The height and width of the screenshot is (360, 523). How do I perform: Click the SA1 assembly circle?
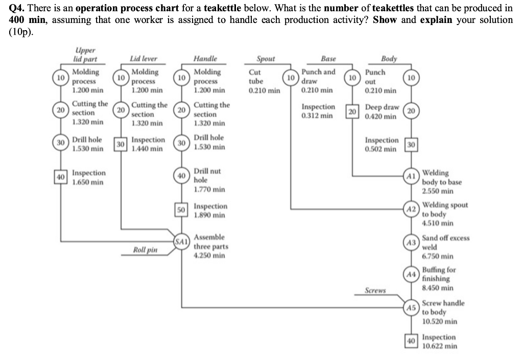(181, 242)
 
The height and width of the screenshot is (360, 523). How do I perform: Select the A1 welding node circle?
(411, 176)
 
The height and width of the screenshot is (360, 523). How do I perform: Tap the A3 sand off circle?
(411, 243)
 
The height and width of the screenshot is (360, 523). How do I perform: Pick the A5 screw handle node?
(411, 307)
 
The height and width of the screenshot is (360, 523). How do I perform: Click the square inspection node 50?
(181, 210)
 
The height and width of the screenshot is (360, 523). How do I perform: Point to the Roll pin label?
(145, 250)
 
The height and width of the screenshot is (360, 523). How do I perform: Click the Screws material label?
(375, 291)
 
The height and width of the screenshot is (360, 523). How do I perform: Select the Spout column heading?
(266, 59)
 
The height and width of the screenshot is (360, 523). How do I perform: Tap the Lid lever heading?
(144, 59)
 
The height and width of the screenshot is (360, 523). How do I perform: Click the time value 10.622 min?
(440, 346)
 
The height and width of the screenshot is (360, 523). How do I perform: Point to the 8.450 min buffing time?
(438, 287)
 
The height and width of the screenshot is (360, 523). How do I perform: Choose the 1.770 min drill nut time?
(209, 189)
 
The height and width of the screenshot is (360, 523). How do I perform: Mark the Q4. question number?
(17, 8)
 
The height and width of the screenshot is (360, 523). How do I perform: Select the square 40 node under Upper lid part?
(60, 177)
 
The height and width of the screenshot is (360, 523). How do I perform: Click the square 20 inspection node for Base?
(352, 112)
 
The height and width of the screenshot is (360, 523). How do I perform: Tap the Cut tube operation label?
(256, 77)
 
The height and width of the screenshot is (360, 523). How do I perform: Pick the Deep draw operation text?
(382, 107)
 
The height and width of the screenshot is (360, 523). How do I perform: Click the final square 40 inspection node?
(411, 341)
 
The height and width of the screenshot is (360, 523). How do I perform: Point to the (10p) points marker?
(21, 32)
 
